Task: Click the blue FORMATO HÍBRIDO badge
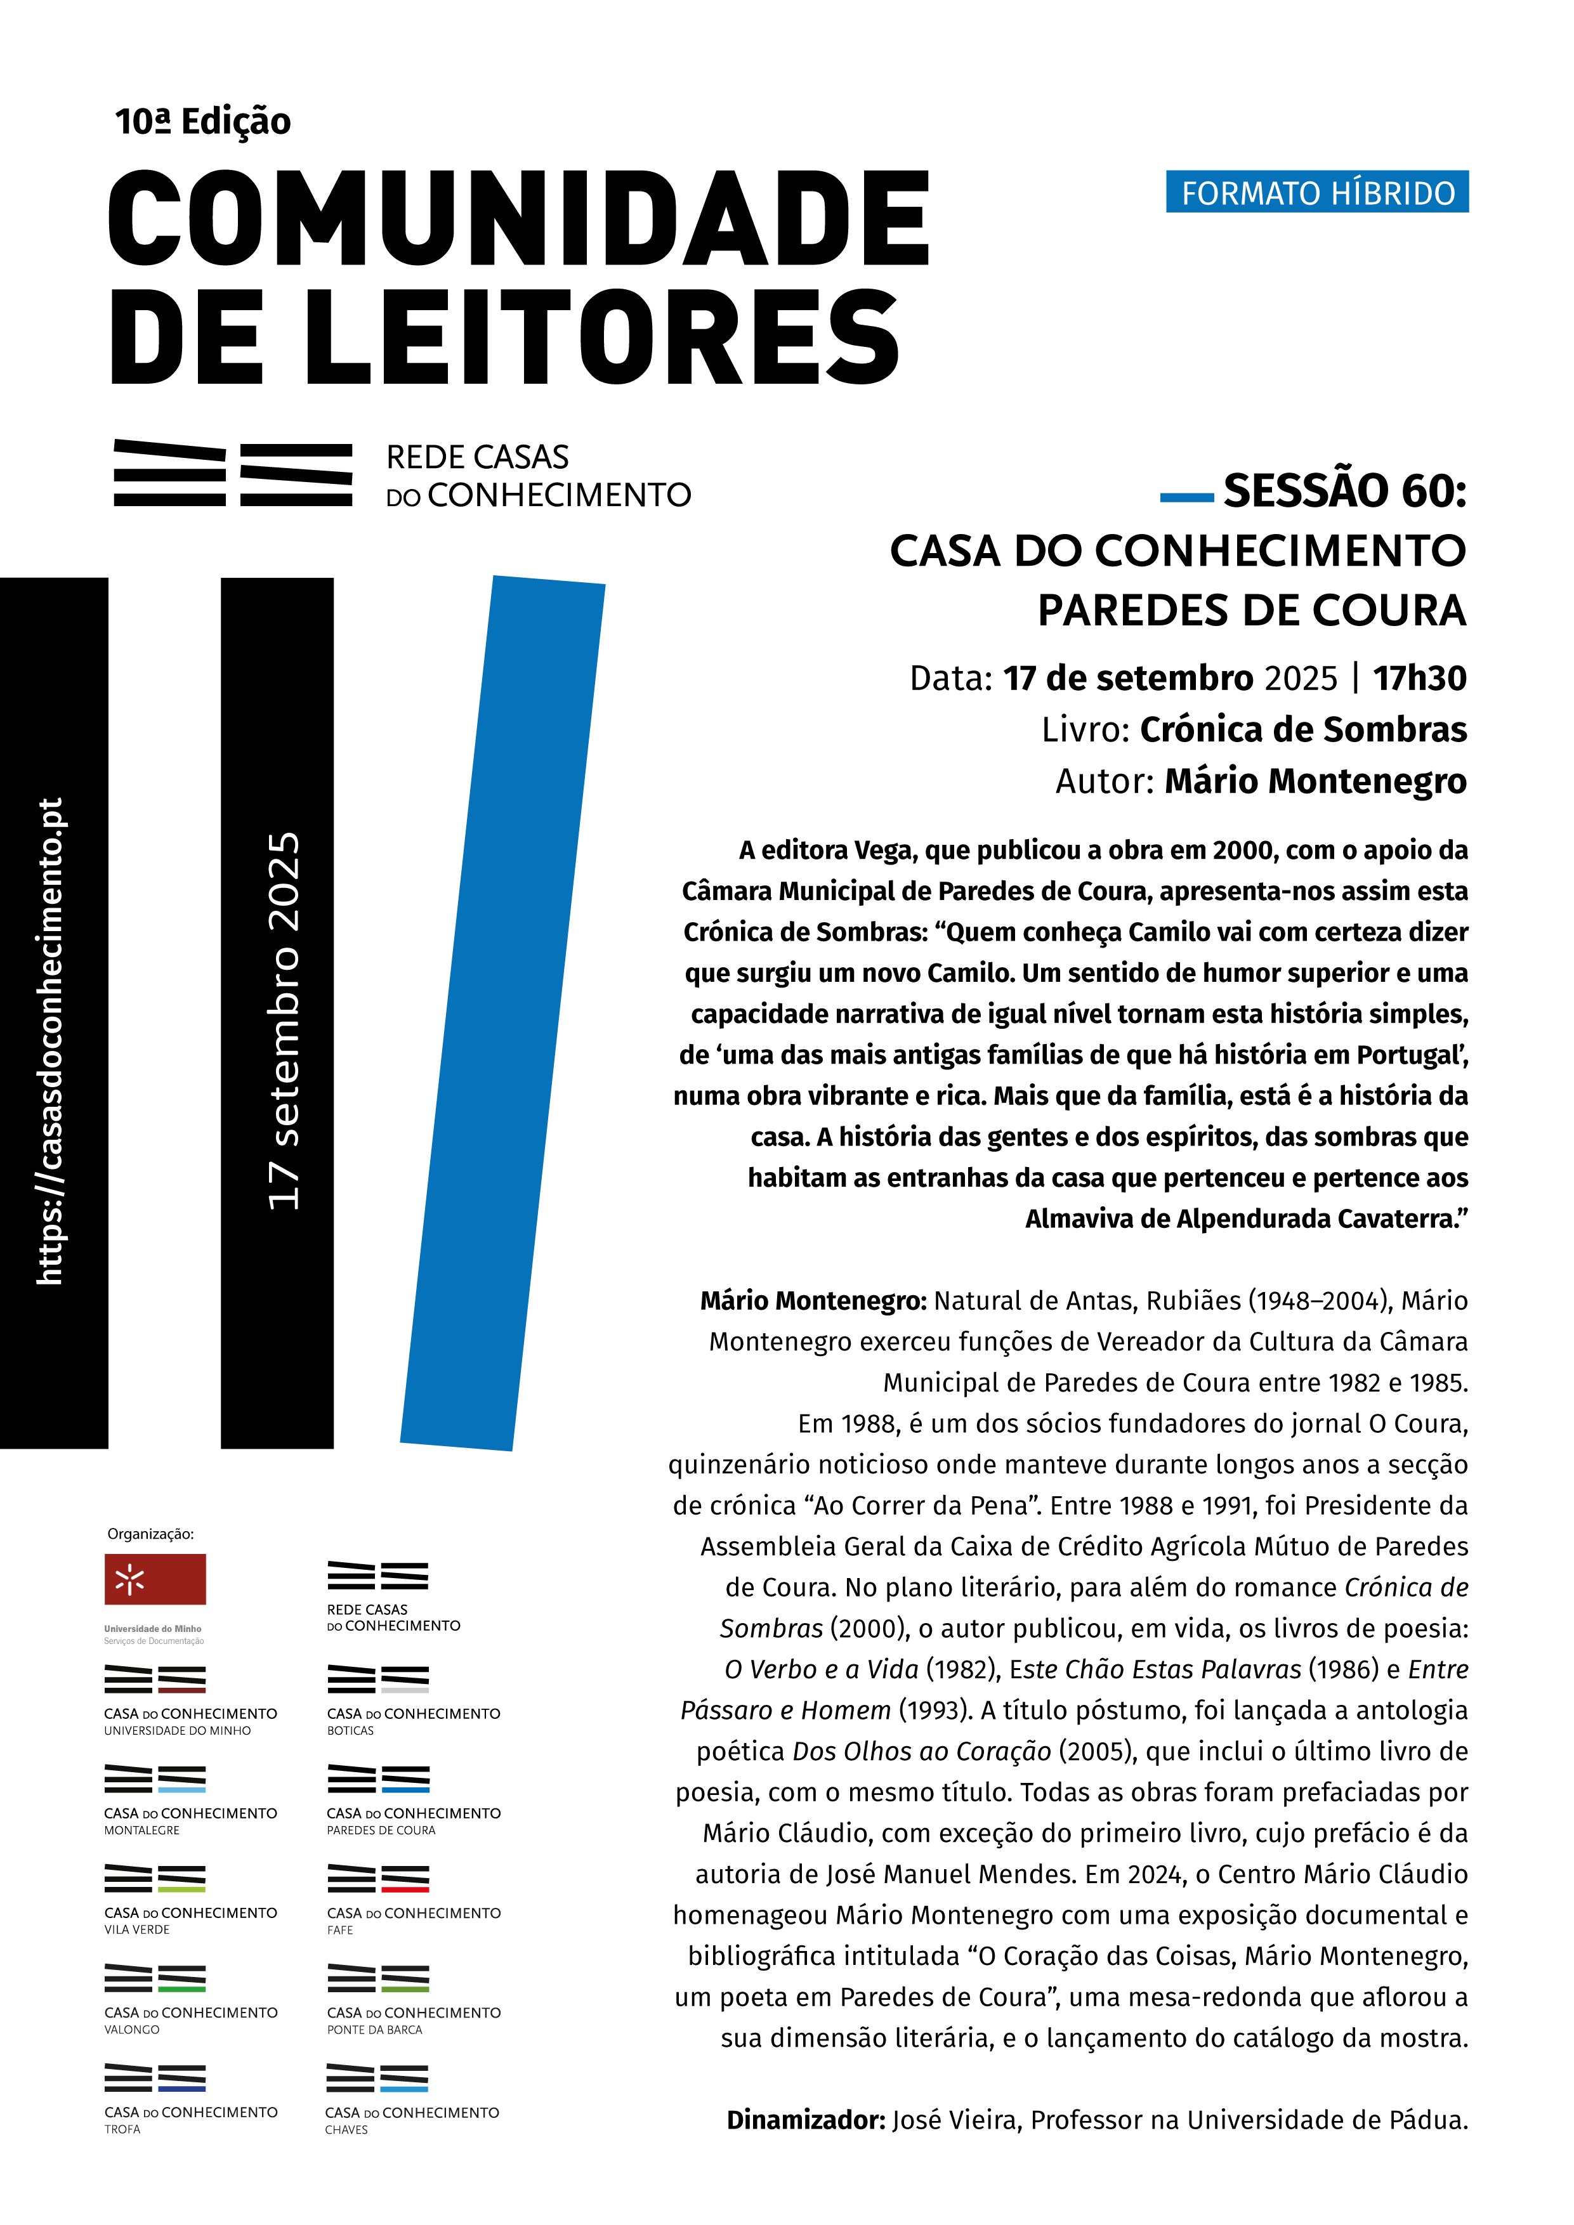tap(1316, 192)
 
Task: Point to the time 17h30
tap(1419, 679)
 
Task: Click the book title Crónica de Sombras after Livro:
tap(1302, 729)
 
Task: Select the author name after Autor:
tap(1315, 781)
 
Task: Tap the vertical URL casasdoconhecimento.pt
tap(50, 1041)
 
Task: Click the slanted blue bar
tap(502, 1013)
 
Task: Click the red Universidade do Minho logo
tap(155, 1579)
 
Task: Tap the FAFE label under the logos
tap(340, 1931)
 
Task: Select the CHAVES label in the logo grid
tap(346, 2130)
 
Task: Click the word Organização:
tap(150, 1534)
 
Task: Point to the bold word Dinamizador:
tap(806, 2120)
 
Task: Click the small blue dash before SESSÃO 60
tap(1186, 497)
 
